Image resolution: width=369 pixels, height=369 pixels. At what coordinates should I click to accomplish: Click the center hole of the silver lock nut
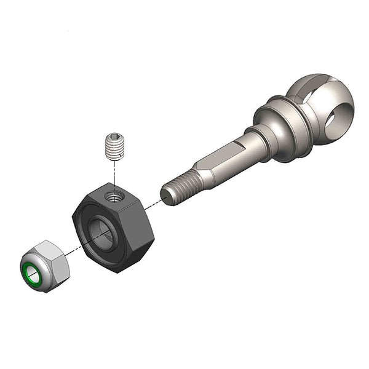[32, 275]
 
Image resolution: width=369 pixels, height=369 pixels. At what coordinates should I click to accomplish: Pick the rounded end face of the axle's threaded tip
[165, 195]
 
